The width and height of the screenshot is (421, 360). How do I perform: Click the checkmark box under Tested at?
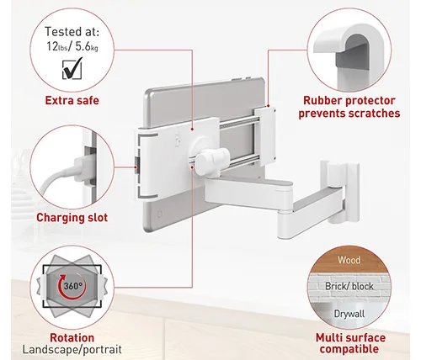72,68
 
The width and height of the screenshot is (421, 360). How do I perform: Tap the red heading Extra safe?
72,100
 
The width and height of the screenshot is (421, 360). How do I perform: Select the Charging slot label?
72,218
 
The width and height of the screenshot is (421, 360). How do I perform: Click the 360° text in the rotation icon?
73,286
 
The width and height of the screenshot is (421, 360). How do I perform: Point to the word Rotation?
72,338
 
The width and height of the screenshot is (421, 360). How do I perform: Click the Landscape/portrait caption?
72,350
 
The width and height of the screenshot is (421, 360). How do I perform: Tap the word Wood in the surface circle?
349,260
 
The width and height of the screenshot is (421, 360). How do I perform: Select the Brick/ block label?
349,286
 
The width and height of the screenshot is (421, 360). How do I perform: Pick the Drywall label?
349,314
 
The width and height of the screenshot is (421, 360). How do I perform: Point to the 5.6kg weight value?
87,46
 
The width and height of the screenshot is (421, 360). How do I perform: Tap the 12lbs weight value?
57,46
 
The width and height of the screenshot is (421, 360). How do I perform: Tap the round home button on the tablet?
160,214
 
